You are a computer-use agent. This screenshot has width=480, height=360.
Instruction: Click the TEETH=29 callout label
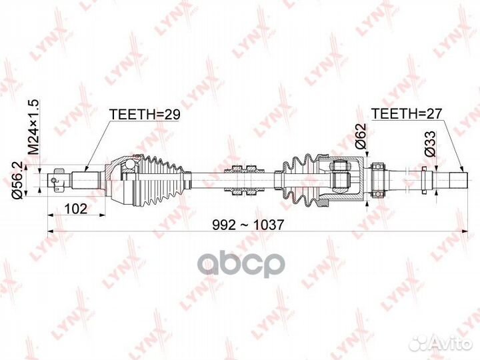[x=145, y=114]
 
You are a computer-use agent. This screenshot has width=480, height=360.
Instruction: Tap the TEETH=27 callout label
[x=407, y=113]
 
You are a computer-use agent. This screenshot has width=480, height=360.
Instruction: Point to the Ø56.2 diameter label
[x=18, y=180]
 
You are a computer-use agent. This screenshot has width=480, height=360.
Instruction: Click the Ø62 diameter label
[x=361, y=135]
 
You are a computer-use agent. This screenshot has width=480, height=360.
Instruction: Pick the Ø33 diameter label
[x=431, y=143]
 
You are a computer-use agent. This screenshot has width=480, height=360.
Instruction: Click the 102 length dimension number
[x=75, y=209]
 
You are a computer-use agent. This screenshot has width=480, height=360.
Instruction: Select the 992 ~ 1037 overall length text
[x=248, y=225]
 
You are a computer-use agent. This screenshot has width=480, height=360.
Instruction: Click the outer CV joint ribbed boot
[x=161, y=180]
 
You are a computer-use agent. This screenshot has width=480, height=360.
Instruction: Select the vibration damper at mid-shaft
[x=244, y=180]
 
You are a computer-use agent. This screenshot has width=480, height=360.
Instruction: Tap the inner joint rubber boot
[x=301, y=180]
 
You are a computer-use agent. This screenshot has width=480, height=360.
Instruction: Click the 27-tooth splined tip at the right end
[x=458, y=180]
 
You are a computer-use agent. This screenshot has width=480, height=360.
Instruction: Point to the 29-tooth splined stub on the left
[x=86, y=180]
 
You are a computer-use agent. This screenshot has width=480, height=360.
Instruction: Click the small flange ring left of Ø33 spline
[x=424, y=180]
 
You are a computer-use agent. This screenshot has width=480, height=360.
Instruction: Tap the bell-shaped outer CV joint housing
[x=121, y=180]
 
